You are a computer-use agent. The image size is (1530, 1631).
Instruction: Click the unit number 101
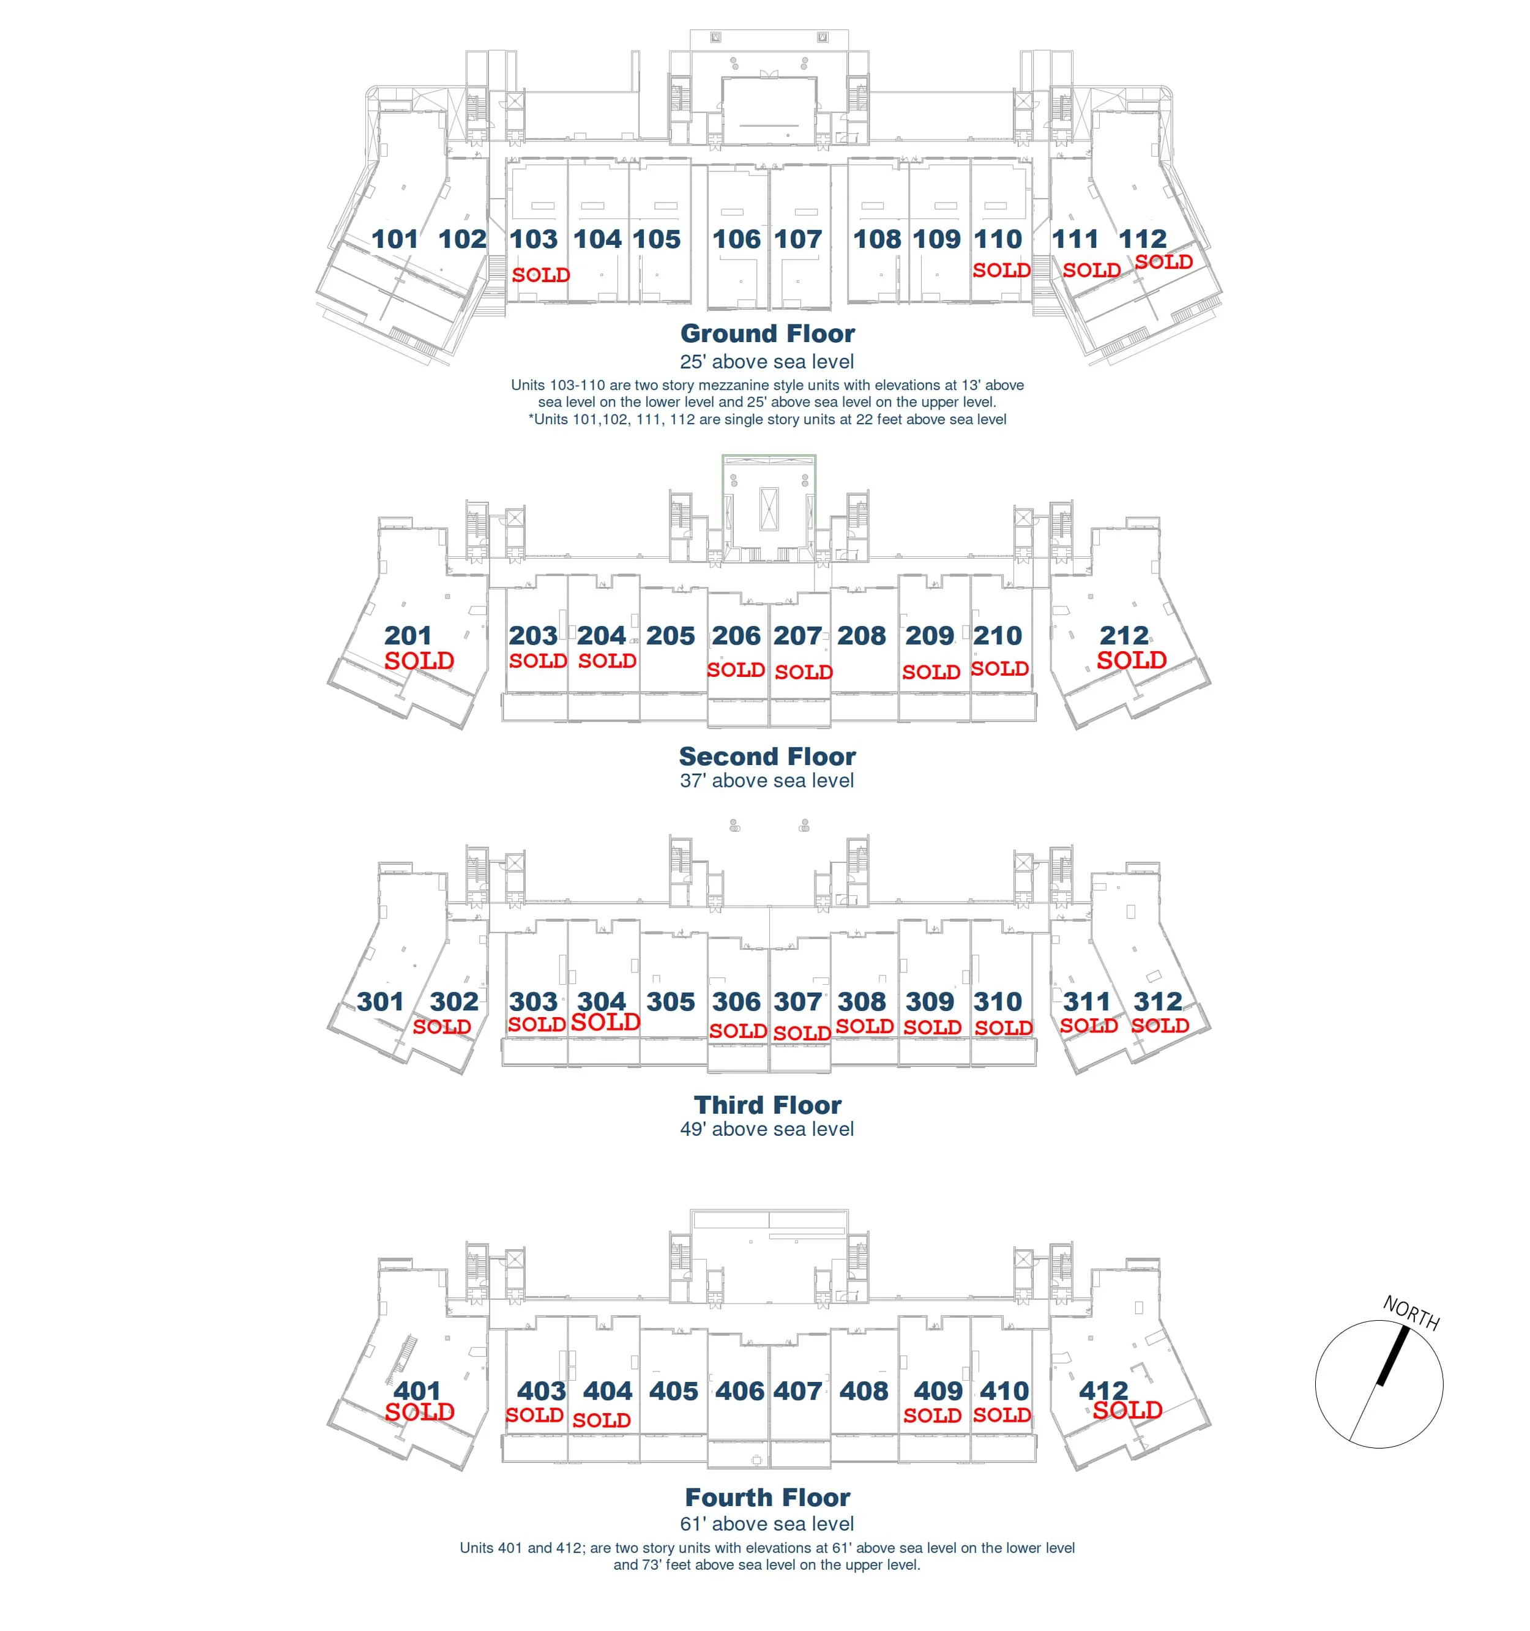coord(395,239)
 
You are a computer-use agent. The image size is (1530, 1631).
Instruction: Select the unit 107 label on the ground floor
coord(797,239)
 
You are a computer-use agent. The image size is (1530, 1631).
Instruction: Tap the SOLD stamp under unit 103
coord(540,275)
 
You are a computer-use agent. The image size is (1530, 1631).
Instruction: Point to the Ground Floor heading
coord(767,333)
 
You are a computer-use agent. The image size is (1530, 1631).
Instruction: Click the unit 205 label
coord(670,636)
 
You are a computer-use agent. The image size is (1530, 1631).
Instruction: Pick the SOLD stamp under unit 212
coord(1132,660)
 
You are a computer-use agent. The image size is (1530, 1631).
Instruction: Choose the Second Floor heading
coord(767,756)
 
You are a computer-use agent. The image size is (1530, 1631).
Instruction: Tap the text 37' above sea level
coord(766,781)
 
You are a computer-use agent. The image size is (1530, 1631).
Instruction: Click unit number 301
coord(380,1002)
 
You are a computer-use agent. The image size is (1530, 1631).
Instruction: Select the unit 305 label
coord(670,1002)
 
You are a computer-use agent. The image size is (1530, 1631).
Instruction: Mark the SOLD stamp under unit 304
coord(605,1022)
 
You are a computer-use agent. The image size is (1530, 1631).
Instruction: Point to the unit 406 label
coord(740,1390)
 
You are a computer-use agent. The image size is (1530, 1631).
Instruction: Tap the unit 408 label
coord(864,1390)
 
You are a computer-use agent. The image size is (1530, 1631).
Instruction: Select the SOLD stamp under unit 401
coord(419,1412)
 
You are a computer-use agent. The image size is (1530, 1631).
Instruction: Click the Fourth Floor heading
coord(767,1497)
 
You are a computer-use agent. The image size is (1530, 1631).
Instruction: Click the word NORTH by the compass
coord(1411,1313)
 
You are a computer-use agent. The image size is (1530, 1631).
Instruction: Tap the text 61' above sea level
coord(766,1523)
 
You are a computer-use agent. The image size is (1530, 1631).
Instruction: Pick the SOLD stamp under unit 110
coord(1002,271)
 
